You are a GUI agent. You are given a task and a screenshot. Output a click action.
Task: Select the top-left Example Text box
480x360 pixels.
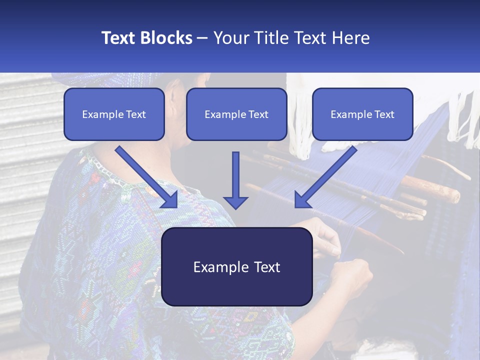[x=114, y=114]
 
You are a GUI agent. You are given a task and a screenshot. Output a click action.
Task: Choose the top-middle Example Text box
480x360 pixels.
[x=236, y=114]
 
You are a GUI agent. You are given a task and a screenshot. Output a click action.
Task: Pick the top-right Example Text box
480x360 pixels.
[x=362, y=114]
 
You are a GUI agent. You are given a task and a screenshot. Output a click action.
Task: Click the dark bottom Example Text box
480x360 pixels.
[x=236, y=266]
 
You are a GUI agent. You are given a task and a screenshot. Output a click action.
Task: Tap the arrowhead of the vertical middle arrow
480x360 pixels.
[x=235, y=202]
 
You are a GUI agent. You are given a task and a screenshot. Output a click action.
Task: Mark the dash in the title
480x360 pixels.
[x=202, y=38]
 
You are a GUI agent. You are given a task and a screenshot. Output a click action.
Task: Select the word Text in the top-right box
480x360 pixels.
[x=384, y=114]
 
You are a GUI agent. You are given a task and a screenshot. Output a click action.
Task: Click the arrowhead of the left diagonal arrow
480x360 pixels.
[x=170, y=200]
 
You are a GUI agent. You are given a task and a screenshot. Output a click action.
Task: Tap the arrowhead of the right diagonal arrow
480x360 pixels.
[x=302, y=200]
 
